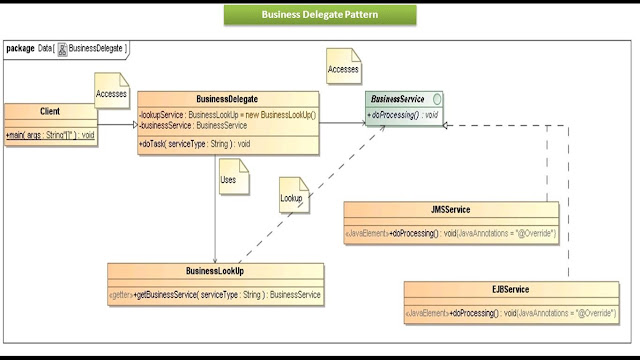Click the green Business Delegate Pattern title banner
point(319,15)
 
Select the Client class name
point(50,111)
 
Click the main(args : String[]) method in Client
point(49,133)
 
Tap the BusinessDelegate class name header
point(228,100)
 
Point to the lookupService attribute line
point(228,115)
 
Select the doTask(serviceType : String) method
point(195,144)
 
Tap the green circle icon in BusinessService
point(437,100)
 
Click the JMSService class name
point(451,210)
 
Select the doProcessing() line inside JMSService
point(451,232)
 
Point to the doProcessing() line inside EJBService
point(510,313)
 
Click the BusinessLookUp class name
point(215,271)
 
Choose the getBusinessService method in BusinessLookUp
point(215,295)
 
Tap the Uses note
point(228,180)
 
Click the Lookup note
point(291,197)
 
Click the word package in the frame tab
point(21,47)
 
